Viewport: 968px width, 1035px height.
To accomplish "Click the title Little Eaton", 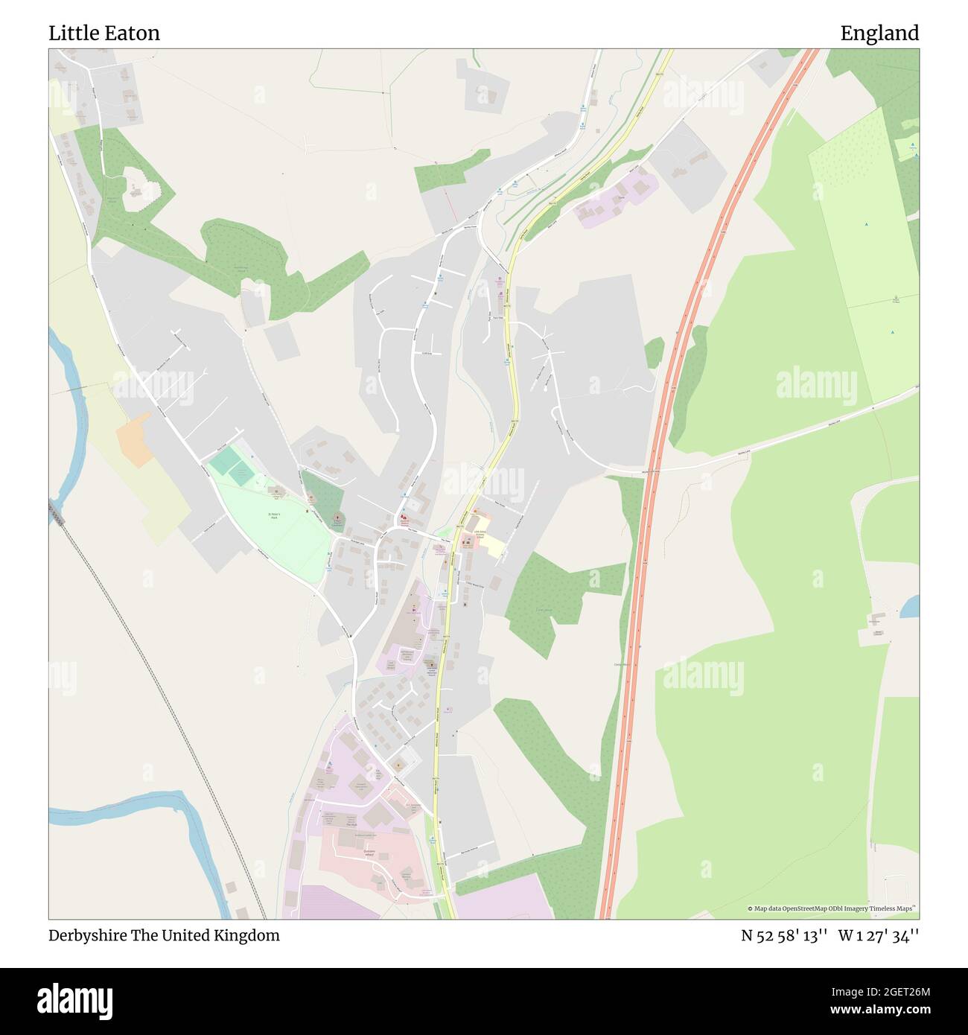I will tap(104, 34).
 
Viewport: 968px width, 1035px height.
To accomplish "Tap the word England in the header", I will tap(879, 34).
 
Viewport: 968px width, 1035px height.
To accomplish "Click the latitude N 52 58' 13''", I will tap(783, 935).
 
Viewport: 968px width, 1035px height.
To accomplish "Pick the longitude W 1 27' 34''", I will tap(879, 935).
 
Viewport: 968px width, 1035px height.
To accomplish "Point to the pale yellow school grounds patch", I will tap(491, 547).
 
